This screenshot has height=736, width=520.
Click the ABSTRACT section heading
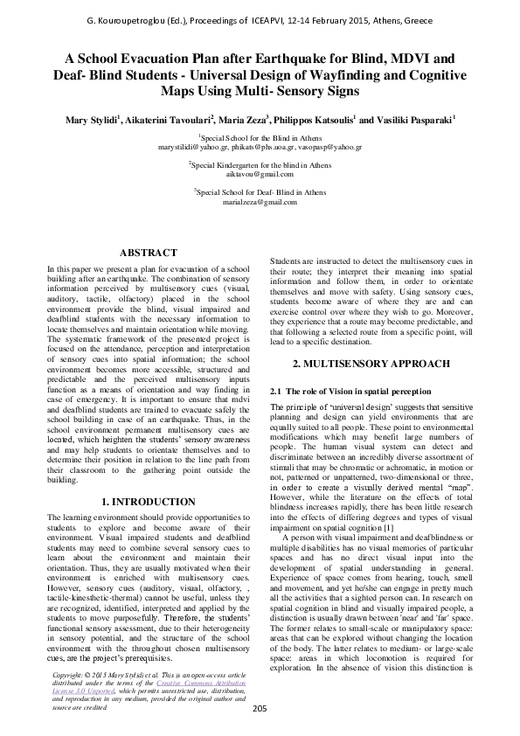(x=148, y=252)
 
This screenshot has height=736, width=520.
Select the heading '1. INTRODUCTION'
(x=148, y=502)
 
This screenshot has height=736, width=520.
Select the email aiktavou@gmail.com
(x=260, y=175)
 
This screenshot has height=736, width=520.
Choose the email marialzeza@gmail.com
(x=260, y=201)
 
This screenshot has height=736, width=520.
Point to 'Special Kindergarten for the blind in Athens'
(x=261, y=164)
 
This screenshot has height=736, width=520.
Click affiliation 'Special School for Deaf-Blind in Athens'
(x=261, y=191)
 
